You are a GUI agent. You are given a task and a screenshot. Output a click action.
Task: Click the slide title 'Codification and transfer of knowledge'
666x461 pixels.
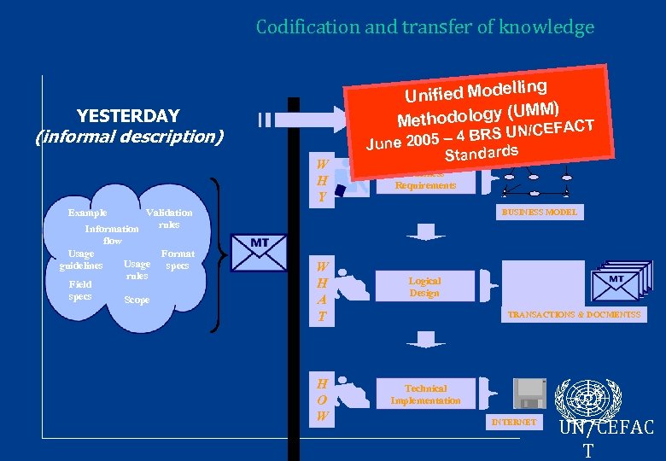click(424, 27)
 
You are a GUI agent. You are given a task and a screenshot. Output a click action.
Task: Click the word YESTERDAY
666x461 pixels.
click(128, 116)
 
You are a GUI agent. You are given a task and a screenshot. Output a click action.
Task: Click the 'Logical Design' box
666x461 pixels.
click(424, 287)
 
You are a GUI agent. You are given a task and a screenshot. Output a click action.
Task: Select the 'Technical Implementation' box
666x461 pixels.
click(424, 394)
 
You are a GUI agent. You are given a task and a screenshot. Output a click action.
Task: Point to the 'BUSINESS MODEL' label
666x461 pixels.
click(540, 212)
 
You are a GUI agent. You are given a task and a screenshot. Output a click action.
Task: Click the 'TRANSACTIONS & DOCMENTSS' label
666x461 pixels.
click(574, 315)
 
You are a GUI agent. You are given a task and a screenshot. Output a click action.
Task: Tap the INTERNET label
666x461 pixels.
click(513, 423)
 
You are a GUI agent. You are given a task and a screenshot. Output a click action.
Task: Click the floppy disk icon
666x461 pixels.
click(529, 393)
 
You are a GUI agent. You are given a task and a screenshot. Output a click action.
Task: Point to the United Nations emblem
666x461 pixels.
click(587, 398)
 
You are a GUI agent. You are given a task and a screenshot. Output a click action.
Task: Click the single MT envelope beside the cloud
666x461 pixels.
click(260, 254)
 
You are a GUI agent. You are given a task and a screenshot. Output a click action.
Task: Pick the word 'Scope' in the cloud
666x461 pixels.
click(137, 300)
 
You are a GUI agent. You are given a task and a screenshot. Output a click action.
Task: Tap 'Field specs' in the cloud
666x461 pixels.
click(80, 290)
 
